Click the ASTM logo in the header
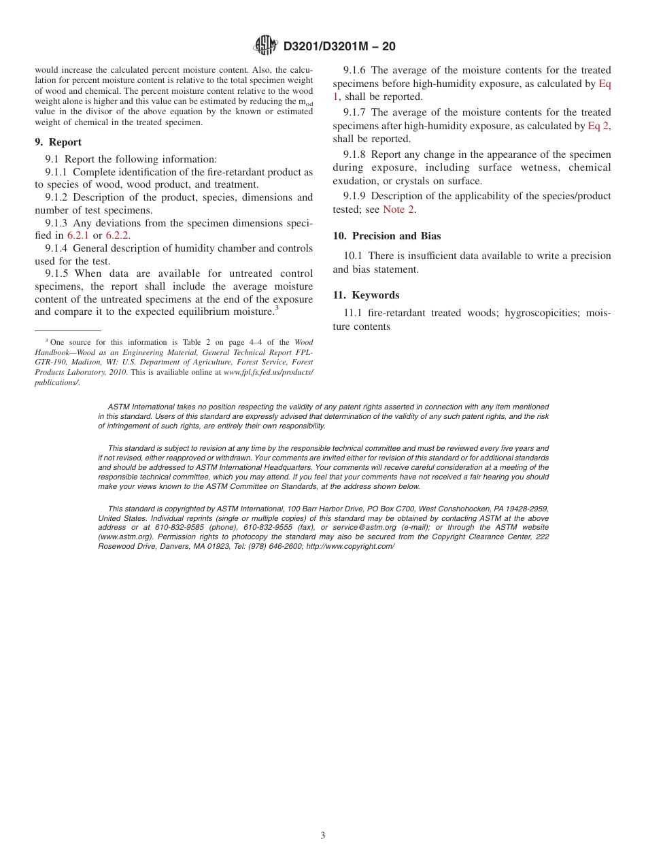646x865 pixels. (x=265, y=46)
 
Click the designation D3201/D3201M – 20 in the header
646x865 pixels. (x=339, y=46)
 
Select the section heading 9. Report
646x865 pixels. (x=58, y=142)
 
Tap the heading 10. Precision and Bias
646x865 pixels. (x=387, y=236)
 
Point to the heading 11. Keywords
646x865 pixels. (x=366, y=295)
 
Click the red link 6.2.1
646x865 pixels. (x=78, y=235)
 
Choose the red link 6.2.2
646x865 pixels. (x=118, y=235)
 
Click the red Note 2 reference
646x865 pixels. (x=398, y=209)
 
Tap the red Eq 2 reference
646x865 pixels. (x=598, y=126)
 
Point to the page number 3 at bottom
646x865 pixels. (x=323, y=836)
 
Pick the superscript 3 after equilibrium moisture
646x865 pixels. (x=277, y=309)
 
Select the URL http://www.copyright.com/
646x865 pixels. (x=350, y=546)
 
